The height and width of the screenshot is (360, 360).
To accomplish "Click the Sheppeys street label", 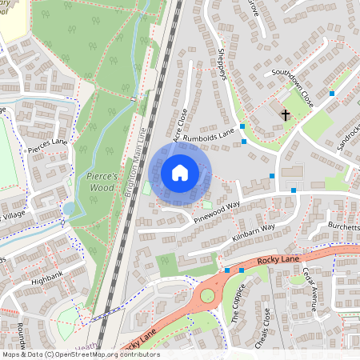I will tap(220, 60).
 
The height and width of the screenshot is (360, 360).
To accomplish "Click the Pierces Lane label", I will tap(47, 143).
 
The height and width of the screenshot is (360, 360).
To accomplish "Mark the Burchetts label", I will tap(342, 226).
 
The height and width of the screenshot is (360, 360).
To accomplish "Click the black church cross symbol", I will tap(285, 114).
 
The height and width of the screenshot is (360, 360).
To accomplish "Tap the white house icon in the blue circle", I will tap(180, 172).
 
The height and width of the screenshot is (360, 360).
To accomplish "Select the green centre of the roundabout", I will tap(208, 297).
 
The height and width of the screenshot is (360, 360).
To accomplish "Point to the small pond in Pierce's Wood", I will tap(68, 208).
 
